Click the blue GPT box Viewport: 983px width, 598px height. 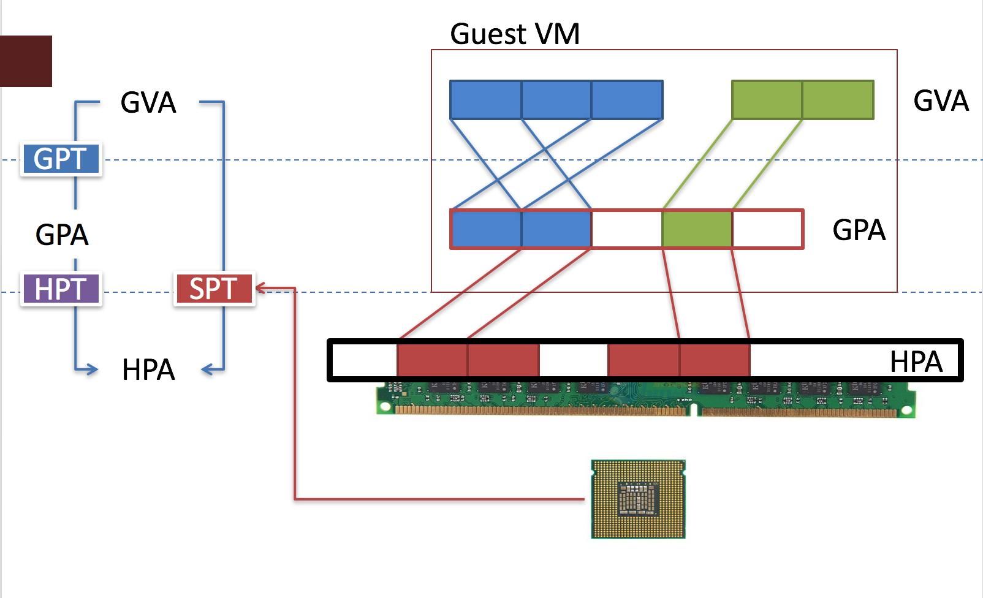[61, 159]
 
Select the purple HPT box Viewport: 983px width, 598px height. [61, 289]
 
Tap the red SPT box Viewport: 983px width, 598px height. [214, 289]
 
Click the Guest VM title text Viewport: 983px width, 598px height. [515, 34]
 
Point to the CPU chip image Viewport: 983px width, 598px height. [638, 499]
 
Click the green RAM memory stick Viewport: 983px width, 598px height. [645, 399]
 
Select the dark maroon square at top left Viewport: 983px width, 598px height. [26, 61]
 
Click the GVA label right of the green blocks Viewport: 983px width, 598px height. [941, 101]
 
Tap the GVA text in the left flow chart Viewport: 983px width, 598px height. [148, 102]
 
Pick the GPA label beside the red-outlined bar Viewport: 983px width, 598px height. [859, 230]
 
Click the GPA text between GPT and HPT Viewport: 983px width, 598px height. [62, 235]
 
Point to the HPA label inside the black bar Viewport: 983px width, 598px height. [916, 361]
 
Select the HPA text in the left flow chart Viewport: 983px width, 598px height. [148, 369]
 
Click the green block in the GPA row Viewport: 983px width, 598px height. [697, 229]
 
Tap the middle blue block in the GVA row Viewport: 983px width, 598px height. [556, 100]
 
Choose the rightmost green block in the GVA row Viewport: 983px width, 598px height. [838, 100]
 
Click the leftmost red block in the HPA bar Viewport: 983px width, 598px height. [432, 360]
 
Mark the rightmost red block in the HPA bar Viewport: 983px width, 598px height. [715, 360]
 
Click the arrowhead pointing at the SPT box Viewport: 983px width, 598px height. [260, 287]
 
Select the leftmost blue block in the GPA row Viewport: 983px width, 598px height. [486, 229]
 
